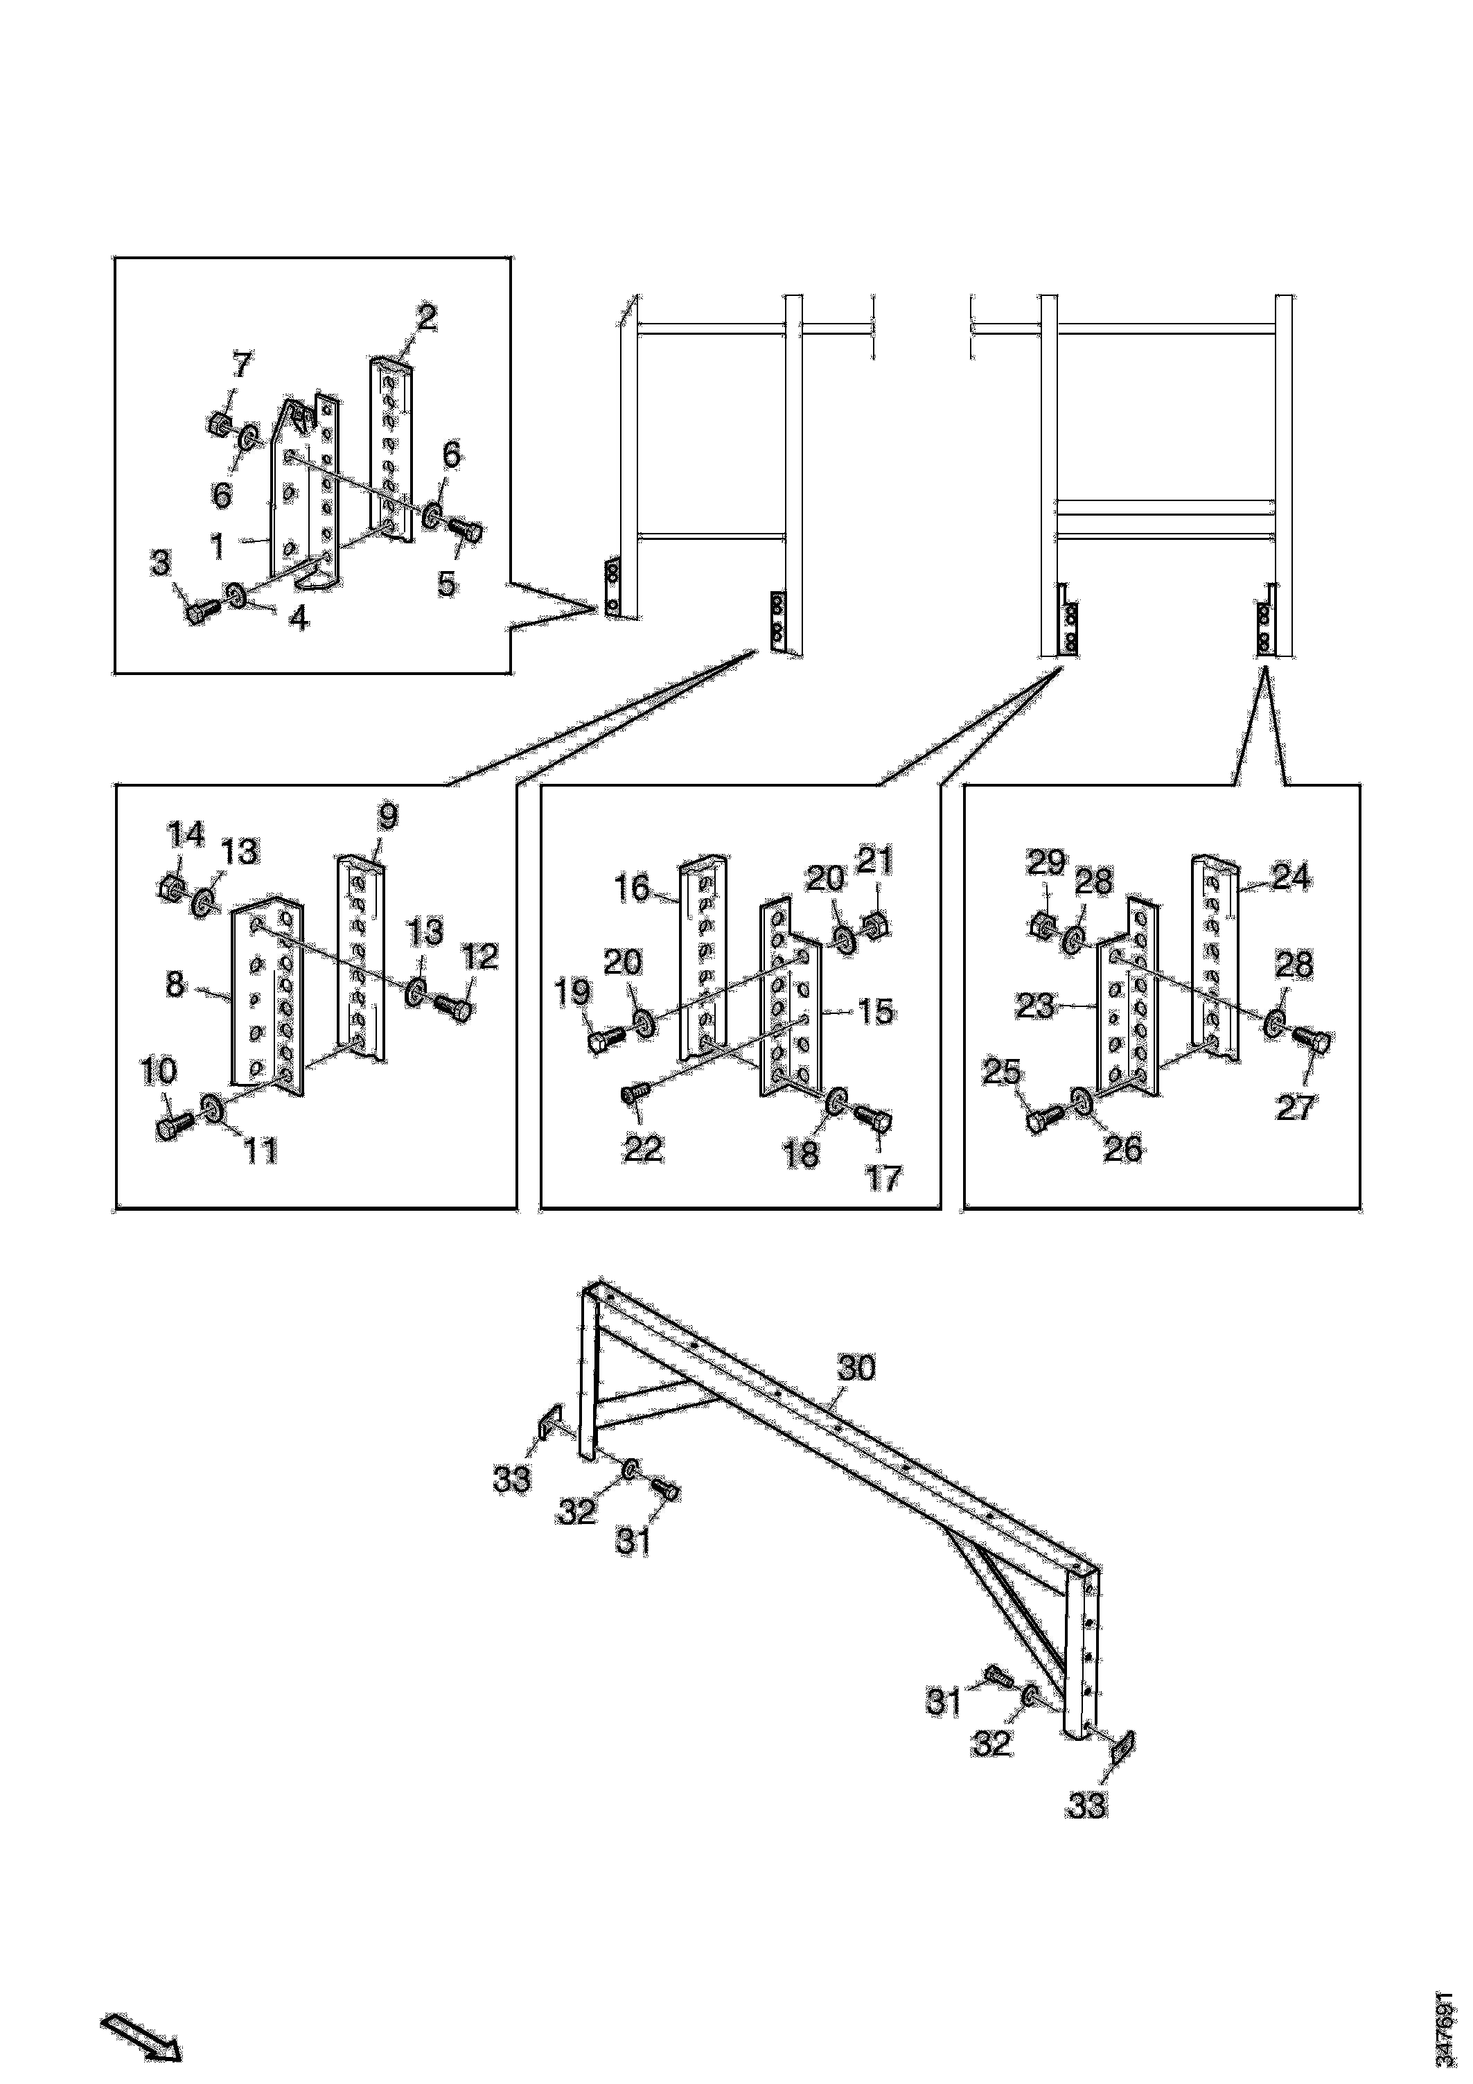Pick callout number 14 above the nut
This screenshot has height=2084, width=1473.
pos(186,834)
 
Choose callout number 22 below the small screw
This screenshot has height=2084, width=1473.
pos(644,1149)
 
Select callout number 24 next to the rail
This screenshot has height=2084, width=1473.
pos(1291,877)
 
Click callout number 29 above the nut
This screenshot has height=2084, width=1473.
pos(1046,861)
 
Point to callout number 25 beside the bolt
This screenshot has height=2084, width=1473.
pos(1002,1073)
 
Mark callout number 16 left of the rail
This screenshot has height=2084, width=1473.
pos(632,887)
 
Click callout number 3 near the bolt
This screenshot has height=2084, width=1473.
pos(161,563)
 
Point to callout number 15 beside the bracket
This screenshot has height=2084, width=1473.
pos(876,1011)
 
